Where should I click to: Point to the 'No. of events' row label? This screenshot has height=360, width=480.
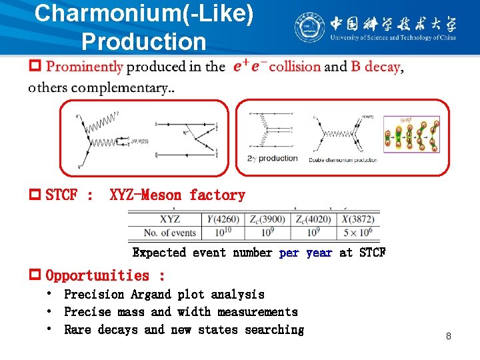[x=170, y=233]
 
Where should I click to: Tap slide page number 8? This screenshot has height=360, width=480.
[x=449, y=336]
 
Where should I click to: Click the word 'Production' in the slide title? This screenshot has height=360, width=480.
[x=143, y=42]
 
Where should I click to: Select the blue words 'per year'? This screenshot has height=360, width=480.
[x=305, y=253]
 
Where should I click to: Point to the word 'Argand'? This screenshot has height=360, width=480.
[x=152, y=294]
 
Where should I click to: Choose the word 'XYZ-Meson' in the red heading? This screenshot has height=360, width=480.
[x=145, y=195]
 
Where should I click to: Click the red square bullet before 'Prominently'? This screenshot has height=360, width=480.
[x=35, y=66]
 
